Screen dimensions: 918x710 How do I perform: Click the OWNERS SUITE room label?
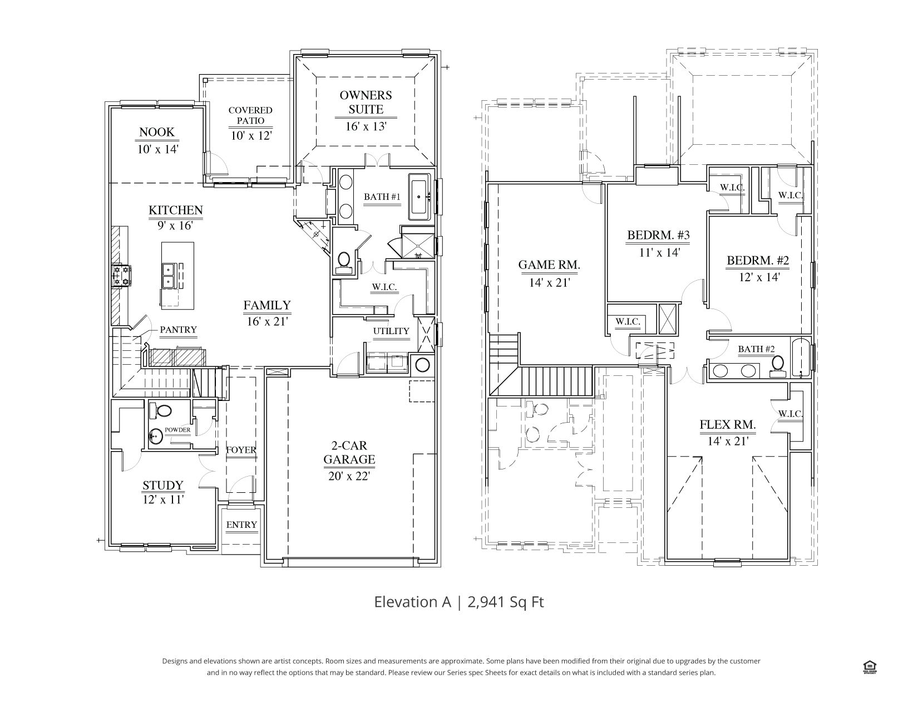[x=366, y=102]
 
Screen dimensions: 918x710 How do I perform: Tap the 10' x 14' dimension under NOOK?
[x=157, y=149]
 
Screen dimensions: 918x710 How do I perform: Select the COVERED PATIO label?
[x=250, y=115]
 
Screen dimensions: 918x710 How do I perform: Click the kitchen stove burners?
[x=121, y=276]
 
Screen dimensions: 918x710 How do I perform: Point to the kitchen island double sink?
[x=169, y=276]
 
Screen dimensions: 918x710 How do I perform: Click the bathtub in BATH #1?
[x=419, y=197]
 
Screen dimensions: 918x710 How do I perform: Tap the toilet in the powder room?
[x=160, y=410]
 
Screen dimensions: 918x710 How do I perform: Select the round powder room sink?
[x=156, y=435]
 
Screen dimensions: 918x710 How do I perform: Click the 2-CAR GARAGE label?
[x=349, y=452]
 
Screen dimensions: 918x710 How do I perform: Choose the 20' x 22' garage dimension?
[x=349, y=476]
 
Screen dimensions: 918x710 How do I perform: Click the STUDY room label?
[x=163, y=485]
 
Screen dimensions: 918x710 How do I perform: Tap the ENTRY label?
[x=241, y=525]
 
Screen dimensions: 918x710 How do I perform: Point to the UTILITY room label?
[x=391, y=331]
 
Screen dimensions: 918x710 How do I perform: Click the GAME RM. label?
[x=549, y=265]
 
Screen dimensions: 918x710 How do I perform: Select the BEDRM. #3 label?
[x=658, y=234]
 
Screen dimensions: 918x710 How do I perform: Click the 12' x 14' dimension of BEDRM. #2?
[x=759, y=277]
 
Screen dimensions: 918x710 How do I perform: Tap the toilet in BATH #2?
[x=777, y=366]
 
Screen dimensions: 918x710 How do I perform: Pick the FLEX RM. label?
[x=728, y=424]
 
